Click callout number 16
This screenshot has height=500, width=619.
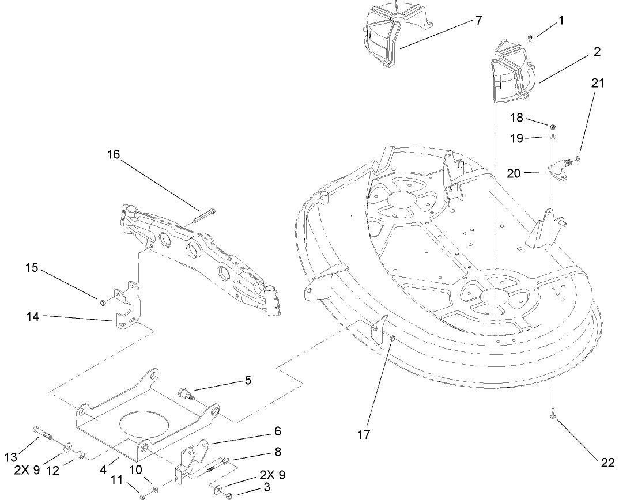(x=114, y=154)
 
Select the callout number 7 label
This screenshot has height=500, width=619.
(x=478, y=21)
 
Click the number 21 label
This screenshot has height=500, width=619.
(x=598, y=83)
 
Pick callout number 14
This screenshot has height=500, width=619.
(x=33, y=316)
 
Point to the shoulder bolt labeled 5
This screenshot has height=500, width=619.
(x=186, y=394)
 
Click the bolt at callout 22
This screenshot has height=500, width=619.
(x=552, y=413)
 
